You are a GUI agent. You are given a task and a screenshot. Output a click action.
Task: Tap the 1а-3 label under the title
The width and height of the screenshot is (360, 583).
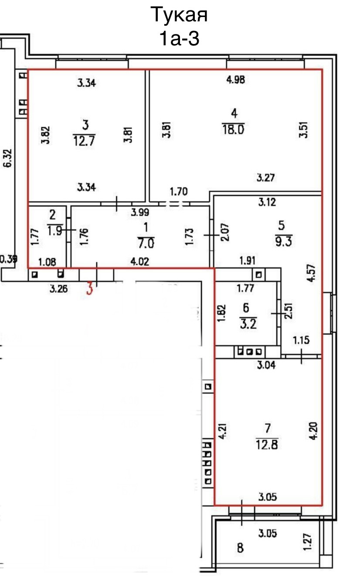click(179, 39)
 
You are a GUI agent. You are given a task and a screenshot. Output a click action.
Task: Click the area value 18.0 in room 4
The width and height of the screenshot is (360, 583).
click(234, 130)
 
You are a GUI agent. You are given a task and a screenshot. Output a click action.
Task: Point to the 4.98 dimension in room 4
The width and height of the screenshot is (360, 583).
click(236, 80)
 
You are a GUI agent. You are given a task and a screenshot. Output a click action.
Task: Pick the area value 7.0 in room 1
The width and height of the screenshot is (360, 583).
click(146, 242)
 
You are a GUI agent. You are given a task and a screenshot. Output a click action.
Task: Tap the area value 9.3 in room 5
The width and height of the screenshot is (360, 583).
click(281, 240)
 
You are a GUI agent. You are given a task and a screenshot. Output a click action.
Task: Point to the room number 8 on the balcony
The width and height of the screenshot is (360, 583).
click(240, 548)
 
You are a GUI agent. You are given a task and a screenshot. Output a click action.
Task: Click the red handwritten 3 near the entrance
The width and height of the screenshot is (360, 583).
click(90, 289)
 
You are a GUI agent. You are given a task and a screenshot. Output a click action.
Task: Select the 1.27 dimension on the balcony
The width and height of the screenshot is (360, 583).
click(308, 540)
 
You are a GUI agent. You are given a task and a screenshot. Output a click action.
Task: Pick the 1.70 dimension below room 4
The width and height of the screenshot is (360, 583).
click(178, 190)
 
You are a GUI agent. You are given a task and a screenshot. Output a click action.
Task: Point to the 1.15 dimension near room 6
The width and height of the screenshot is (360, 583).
click(301, 340)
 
